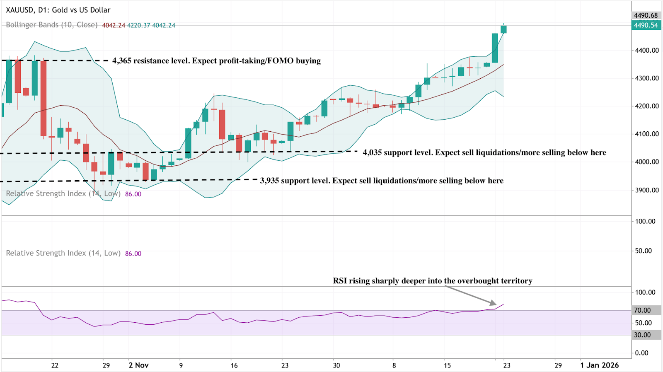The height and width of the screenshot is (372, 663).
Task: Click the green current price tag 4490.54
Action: click(x=646, y=25)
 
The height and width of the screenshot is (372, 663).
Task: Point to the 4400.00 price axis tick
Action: click(x=647, y=50)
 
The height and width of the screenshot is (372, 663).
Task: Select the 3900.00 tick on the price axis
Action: click(x=647, y=190)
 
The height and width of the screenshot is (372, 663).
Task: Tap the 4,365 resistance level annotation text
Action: click(x=216, y=61)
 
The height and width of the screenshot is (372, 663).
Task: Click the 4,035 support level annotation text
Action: click(x=484, y=152)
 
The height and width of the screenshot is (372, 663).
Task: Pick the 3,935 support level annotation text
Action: click(x=382, y=181)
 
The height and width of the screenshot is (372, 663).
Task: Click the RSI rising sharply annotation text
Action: click(x=433, y=281)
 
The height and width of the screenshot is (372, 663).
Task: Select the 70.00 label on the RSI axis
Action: click(x=642, y=310)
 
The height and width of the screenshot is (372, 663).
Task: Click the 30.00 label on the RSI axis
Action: click(x=642, y=335)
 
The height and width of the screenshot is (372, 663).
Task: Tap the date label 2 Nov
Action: click(x=138, y=365)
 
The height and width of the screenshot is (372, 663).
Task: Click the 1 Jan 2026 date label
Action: click(x=599, y=365)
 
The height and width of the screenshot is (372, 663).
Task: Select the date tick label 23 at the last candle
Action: click(x=507, y=365)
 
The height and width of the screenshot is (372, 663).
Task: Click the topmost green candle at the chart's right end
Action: click(x=503, y=29)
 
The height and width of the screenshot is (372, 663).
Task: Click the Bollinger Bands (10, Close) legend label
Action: click(x=52, y=25)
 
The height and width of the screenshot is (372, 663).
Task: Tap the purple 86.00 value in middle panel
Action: click(x=133, y=254)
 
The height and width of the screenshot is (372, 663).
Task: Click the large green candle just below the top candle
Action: click(x=495, y=48)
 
